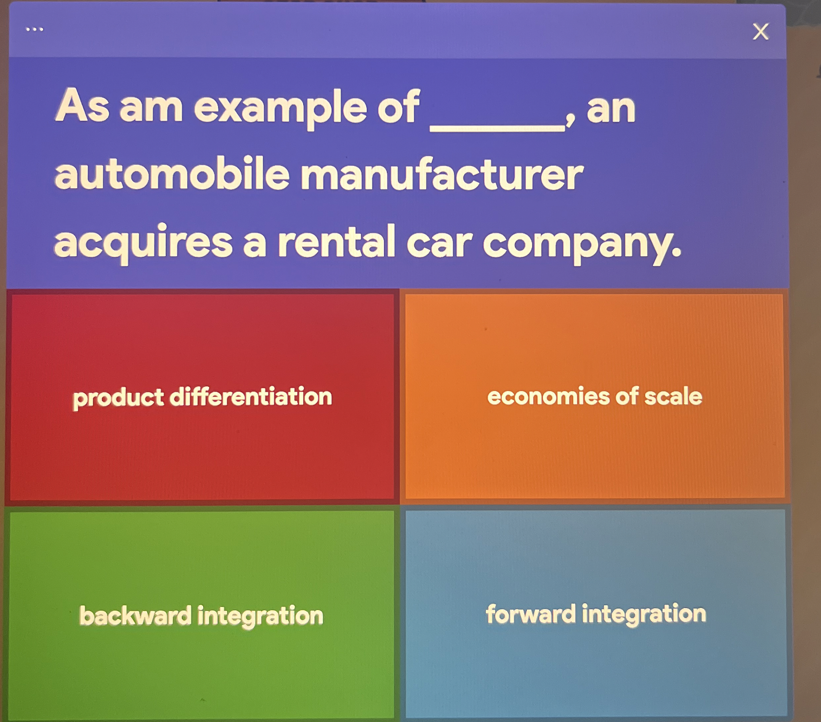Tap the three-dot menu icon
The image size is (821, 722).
pos(34,29)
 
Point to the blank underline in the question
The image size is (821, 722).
pos(497,128)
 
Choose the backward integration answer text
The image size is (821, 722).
pos(201,615)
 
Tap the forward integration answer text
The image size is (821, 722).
pos(596,614)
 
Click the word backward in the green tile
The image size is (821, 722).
pos(135,615)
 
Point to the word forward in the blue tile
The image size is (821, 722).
pos(530,613)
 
